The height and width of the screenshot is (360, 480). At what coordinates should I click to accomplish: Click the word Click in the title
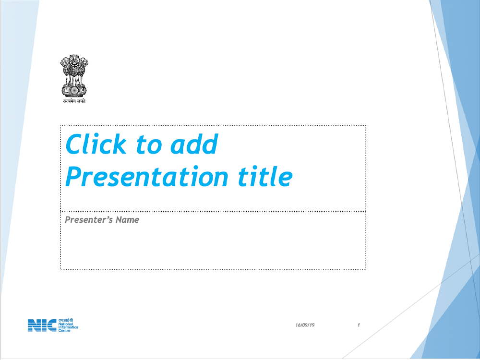tap(96, 144)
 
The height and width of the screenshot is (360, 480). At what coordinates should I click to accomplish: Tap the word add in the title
tap(194, 144)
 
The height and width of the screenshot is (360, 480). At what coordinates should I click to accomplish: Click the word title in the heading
tap(265, 176)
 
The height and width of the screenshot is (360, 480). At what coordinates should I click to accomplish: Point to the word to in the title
tap(149, 145)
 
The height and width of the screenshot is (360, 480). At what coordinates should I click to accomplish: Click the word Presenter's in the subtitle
tap(88, 220)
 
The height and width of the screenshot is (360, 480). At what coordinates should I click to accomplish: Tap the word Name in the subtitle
tap(127, 220)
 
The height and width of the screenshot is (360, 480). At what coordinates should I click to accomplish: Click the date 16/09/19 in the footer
tap(305, 325)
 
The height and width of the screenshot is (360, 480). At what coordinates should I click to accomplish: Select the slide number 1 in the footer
tap(359, 325)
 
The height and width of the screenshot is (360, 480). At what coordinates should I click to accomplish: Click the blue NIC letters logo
tap(42, 325)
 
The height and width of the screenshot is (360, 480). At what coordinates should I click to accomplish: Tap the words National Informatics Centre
tap(68, 327)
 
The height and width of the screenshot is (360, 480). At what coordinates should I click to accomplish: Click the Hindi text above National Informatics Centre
tap(66, 320)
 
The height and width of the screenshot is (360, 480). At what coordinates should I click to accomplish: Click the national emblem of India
tap(74, 76)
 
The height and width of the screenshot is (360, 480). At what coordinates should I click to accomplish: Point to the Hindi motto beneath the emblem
tap(74, 101)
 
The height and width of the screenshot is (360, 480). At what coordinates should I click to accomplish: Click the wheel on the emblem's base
tap(74, 91)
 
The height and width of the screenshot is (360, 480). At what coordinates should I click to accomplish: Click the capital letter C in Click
tap(75, 144)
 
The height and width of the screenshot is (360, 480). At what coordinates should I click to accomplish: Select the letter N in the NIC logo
tap(34, 325)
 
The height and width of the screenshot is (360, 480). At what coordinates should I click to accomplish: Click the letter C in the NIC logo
tap(51, 325)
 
